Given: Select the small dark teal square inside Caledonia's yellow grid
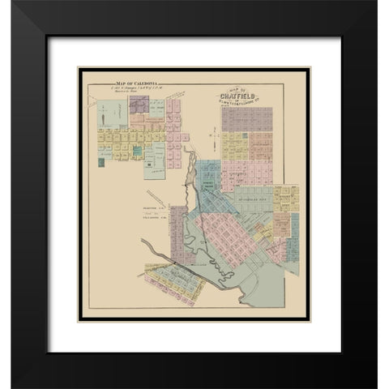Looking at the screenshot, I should point(137,149).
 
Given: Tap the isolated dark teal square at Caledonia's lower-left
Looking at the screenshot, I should point(101,162).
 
